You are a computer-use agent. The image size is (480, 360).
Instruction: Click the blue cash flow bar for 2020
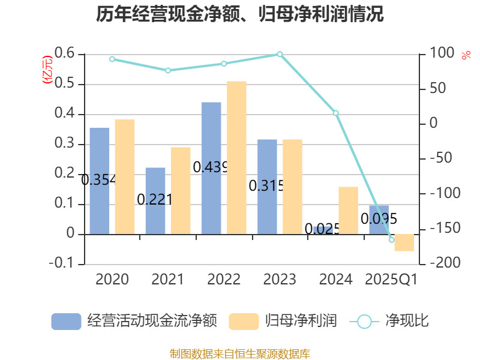point(100,180)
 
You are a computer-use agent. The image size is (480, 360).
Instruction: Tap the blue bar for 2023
point(267,186)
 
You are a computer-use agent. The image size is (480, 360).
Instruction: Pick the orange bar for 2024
point(348,210)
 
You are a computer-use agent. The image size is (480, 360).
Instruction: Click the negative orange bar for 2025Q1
point(404,242)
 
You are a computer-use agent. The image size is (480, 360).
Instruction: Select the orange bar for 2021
point(181,190)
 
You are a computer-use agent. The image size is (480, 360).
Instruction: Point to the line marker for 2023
point(280,55)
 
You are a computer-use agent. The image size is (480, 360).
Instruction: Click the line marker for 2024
point(336,113)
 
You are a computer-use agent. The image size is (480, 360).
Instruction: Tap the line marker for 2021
point(168,70)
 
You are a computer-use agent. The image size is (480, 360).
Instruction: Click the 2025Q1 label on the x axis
point(391,280)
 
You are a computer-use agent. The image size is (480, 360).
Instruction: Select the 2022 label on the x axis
point(224,280)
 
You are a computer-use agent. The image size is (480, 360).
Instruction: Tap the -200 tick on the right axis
point(441,263)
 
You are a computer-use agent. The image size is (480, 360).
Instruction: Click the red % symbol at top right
point(466,55)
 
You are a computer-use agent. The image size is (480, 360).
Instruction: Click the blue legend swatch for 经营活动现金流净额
point(66,321)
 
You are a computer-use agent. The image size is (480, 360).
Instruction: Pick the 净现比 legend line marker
point(364,322)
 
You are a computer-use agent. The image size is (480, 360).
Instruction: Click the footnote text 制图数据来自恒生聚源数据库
point(240,353)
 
